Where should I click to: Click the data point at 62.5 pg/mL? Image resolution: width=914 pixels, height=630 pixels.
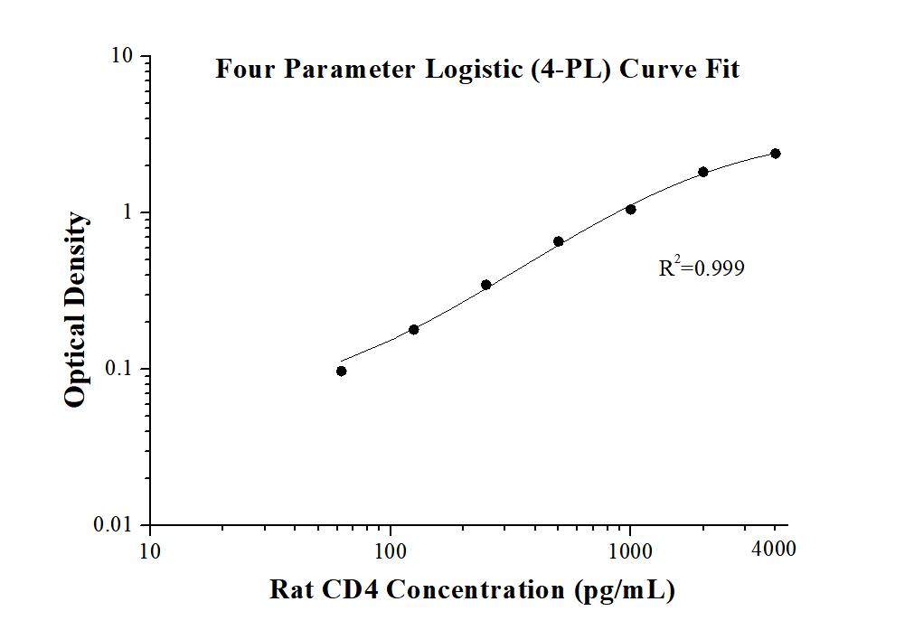[341, 371]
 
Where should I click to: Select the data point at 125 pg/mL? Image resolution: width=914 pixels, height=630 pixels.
[414, 329]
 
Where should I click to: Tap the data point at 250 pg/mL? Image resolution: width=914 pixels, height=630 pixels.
[486, 285]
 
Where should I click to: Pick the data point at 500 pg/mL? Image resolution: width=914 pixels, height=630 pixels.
[559, 241]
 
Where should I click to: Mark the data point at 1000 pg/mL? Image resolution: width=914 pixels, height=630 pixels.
[631, 209]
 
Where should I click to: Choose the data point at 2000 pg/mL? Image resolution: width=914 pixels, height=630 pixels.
[703, 172]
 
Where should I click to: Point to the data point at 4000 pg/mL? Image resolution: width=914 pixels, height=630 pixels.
[776, 154]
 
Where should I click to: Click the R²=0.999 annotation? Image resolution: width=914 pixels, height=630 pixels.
[702, 268]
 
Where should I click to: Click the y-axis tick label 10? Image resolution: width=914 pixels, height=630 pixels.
[122, 56]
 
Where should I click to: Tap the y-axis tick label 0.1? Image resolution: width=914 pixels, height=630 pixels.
[118, 369]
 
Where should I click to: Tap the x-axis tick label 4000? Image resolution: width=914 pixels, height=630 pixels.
[774, 549]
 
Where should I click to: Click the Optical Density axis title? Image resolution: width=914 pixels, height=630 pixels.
[77, 310]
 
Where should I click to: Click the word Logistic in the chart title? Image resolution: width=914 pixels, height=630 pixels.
[474, 70]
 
